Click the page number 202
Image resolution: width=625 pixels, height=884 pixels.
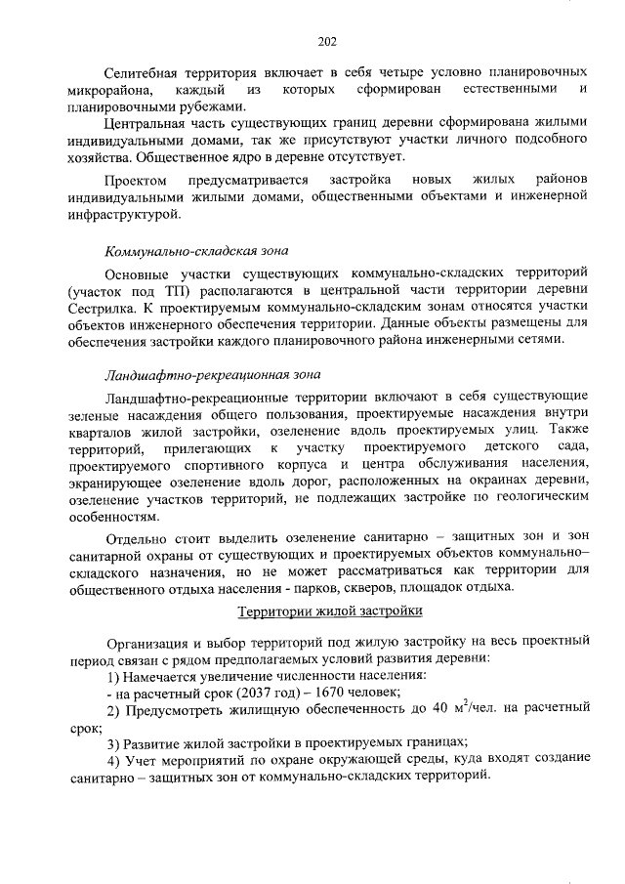pos(327,41)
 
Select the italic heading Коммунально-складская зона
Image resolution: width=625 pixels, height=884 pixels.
pos(196,251)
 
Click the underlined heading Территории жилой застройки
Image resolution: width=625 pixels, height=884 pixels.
pos(330,611)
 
